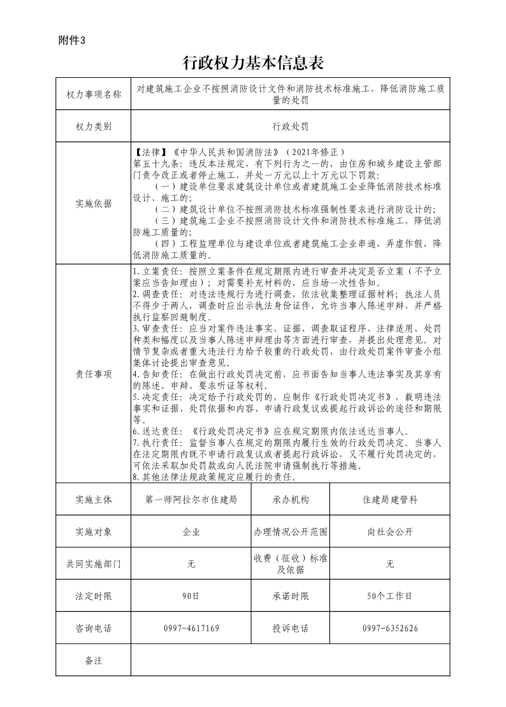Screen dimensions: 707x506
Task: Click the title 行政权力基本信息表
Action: click(x=253, y=63)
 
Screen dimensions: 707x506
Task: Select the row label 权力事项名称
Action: click(x=93, y=94)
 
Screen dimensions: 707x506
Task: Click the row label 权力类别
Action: click(x=93, y=126)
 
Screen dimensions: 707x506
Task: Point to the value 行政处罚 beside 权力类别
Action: click(x=290, y=126)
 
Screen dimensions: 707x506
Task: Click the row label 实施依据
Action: click(x=93, y=204)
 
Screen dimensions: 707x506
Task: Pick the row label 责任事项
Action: click(x=93, y=374)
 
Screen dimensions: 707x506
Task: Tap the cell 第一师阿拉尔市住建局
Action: click(x=191, y=500)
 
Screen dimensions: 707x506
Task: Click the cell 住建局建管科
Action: click(x=390, y=500)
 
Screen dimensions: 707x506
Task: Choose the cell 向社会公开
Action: click(x=390, y=532)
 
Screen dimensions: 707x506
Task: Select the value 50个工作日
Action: click(x=390, y=596)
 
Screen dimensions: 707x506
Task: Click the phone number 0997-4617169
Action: click(x=191, y=629)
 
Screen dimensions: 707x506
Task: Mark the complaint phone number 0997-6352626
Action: click(x=390, y=629)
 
